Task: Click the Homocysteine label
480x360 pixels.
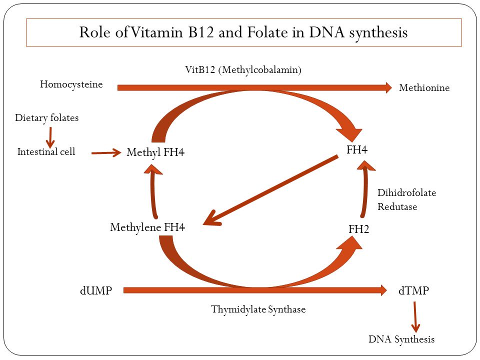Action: point(71,84)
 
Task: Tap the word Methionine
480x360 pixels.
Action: point(424,88)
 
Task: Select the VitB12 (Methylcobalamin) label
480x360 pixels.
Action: point(243,70)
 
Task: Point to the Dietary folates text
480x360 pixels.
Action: point(47,118)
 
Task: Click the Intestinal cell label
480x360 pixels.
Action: point(46,151)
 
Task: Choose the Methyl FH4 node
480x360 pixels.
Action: point(155,152)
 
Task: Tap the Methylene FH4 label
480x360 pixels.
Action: point(147,227)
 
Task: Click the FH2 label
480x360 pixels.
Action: point(359,229)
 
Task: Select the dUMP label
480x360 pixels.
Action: point(96,290)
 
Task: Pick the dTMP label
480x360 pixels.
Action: point(413,290)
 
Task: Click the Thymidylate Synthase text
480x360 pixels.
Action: point(258,309)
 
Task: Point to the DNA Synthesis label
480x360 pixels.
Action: point(401,339)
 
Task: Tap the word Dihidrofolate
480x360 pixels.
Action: point(407,193)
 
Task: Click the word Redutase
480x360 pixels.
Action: point(397,207)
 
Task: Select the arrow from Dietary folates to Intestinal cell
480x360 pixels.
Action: point(50,138)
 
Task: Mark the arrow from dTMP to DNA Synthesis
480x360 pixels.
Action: point(415,317)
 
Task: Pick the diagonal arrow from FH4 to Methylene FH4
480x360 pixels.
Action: point(270,190)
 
